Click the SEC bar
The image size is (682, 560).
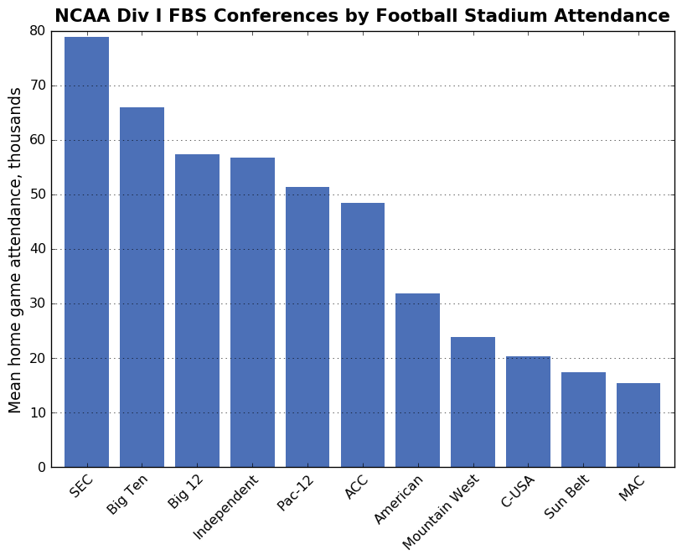(x=86, y=251)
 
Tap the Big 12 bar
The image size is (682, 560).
(x=197, y=310)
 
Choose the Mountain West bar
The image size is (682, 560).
(x=473, y=402)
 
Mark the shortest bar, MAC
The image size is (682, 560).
(x=638, y=425)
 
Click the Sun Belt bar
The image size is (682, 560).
(x=583, y=419)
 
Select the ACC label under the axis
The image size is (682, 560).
(x=357, y=487)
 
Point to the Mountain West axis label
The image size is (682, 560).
(x=442, y=513)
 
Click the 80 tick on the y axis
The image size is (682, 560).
(x=37, y=31)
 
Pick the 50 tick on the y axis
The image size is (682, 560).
(x=37, y=194)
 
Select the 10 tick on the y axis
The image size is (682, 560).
(x=37, y=412)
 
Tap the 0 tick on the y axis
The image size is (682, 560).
(x=41, y=467)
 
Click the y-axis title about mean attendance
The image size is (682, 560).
(x=15, y=250)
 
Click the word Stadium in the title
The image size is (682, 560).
(x=489, y=16)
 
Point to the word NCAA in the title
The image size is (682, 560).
(x=81, y=16)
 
